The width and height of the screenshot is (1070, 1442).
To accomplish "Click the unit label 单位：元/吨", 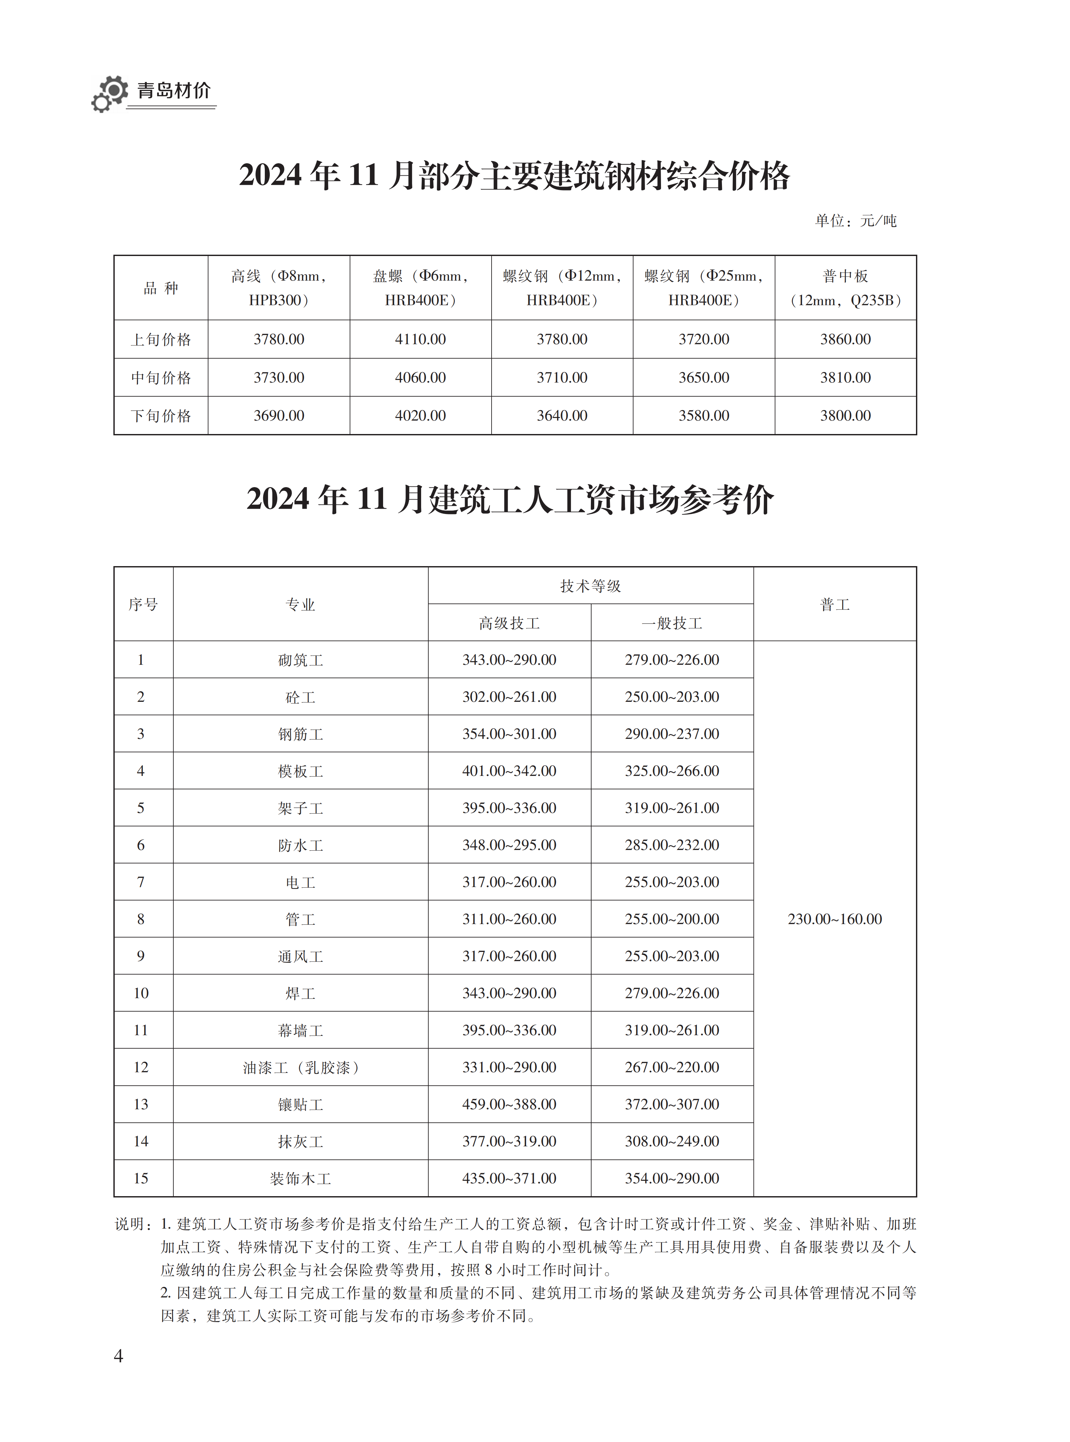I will (855, 221).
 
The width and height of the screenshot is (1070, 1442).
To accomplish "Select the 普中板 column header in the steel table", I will (845, 287).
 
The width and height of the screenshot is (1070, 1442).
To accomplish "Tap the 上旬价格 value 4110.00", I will (420, 340).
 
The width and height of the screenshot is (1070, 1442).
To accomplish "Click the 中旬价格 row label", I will (161, 378).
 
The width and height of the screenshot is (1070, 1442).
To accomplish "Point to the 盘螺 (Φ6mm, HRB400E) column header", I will (420, 287).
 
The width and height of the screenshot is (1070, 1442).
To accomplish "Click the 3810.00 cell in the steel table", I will (845, 378).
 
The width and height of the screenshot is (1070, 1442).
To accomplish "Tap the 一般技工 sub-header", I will (672, 623).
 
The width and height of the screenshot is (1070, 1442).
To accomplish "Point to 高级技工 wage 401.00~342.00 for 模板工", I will (509, 771).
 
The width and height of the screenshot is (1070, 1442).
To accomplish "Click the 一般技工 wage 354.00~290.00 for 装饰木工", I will (672, 1178).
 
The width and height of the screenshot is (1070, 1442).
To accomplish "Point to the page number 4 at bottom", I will (119, 1356).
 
